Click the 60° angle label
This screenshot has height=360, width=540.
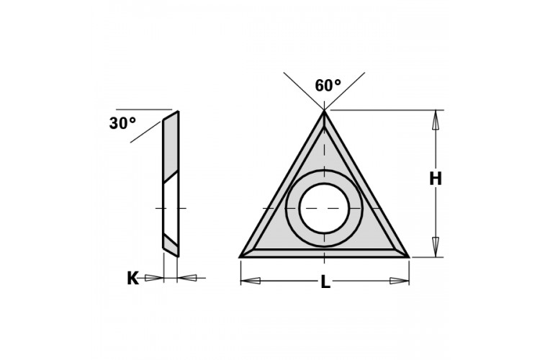[328, 86]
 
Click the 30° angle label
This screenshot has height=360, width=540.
[122, 123]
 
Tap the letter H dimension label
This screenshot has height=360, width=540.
[436, 179]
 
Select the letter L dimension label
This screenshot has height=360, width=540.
[325, 283]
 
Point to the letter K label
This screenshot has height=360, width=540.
[133, 279]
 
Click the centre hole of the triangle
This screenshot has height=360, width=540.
[324, 208]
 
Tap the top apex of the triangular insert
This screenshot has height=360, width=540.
[324, 111]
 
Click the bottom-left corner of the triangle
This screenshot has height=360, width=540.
[240, 257]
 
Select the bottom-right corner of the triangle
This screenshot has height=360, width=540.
[409, 257]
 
